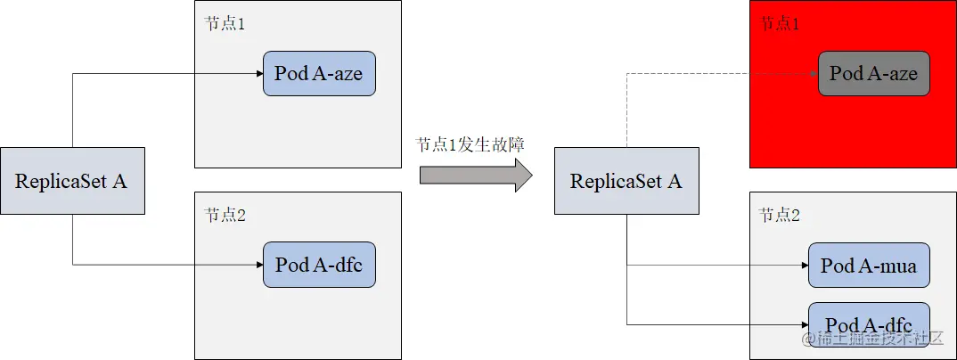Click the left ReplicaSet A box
72,181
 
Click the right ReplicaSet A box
626,181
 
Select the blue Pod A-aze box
319,73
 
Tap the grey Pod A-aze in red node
873,73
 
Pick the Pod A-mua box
869,266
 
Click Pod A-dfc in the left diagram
319,265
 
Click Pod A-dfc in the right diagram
869,323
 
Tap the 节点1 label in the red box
779,24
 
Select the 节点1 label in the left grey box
225,24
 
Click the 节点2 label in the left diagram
225,215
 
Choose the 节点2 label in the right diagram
779,215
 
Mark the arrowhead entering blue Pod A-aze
258,73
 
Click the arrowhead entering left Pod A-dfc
258,265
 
